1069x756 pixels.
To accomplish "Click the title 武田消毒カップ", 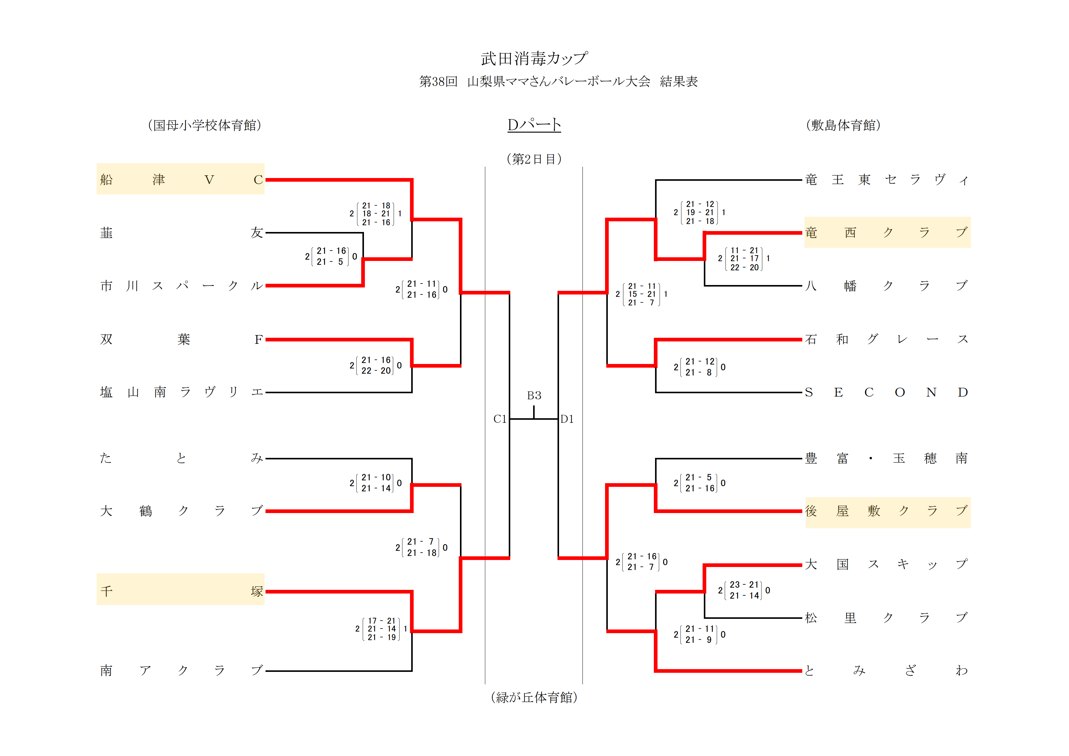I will (x=534, y=59).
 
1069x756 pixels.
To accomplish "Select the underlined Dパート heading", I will (x=534, y=124).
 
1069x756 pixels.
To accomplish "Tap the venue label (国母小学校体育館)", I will (x=205, y=125).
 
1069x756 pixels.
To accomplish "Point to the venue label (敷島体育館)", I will (x=843, y=125).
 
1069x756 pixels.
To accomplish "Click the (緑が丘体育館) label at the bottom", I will (x=534, y=697).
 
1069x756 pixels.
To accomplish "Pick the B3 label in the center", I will (x=534, y=395).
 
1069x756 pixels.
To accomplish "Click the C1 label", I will (x=500, y=419).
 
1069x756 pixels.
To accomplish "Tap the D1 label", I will (x=567, y=419).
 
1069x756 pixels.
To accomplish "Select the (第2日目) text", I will (x=534, y=159).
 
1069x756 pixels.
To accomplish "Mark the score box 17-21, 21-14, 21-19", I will (x=381, y=629).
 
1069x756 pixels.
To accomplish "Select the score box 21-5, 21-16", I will (x=699, y=483).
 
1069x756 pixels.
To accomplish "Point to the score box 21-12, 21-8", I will (x=699, y=367).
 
